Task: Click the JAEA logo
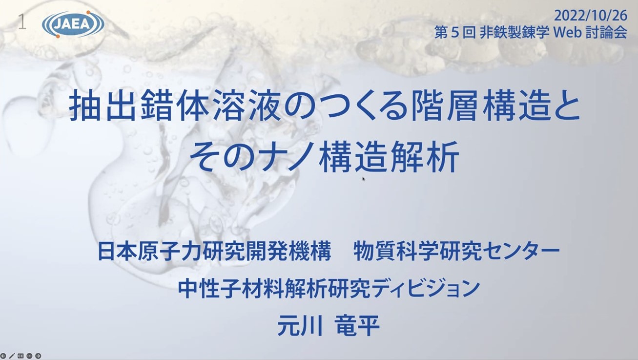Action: click(73, 24)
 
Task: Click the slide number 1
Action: click(22, 22)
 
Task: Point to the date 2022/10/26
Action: click(591, 16)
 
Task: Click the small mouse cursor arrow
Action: click(364, 179)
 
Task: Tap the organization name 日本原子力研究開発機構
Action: click(214, 251)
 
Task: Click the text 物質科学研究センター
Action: click(456, 251)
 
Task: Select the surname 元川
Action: click(300, 325)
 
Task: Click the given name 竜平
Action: click(357, 325)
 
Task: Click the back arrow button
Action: click(3, 356)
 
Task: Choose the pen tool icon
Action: click(12, 356)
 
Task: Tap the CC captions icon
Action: click(21, 356)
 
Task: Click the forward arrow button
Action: click(38, 356)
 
